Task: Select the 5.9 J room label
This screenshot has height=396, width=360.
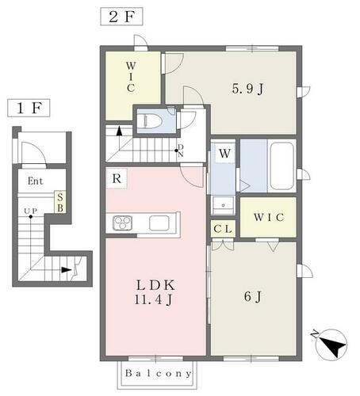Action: [247, 88]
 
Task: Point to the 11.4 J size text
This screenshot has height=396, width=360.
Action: [156, 301]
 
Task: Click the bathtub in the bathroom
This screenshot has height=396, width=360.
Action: [281, 166]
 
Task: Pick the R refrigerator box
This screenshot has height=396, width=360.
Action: [117, 179]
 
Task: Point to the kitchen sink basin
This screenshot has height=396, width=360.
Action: [159, 222]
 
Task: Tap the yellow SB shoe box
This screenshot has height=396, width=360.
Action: [59, 201]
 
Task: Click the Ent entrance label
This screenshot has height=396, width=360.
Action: [35, 181]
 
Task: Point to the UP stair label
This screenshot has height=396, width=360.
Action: [30, 211]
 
